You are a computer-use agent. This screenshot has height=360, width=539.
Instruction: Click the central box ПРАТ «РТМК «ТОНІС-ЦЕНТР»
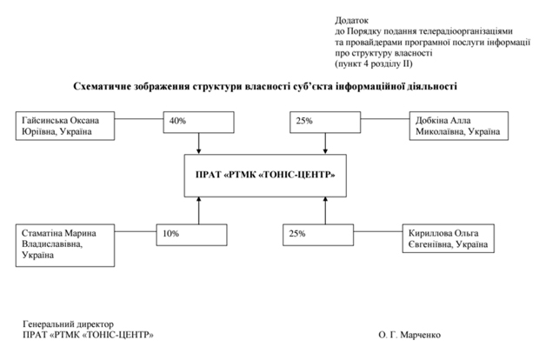point(260,174)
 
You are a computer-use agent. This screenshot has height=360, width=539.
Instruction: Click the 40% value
point(178,121)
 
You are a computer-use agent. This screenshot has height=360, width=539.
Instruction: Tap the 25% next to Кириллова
point(297,233)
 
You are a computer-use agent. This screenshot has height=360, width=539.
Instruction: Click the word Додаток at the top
point(351,17)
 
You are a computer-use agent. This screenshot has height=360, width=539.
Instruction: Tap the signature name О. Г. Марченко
point(410,335)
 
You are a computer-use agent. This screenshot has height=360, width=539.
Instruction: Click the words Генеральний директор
point(68,324)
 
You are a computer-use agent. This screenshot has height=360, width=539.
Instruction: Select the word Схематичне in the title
point(103,86)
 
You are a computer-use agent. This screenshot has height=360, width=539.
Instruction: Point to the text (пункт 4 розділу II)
point(373,63)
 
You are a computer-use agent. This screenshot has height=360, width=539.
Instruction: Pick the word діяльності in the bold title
point(429,86)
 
